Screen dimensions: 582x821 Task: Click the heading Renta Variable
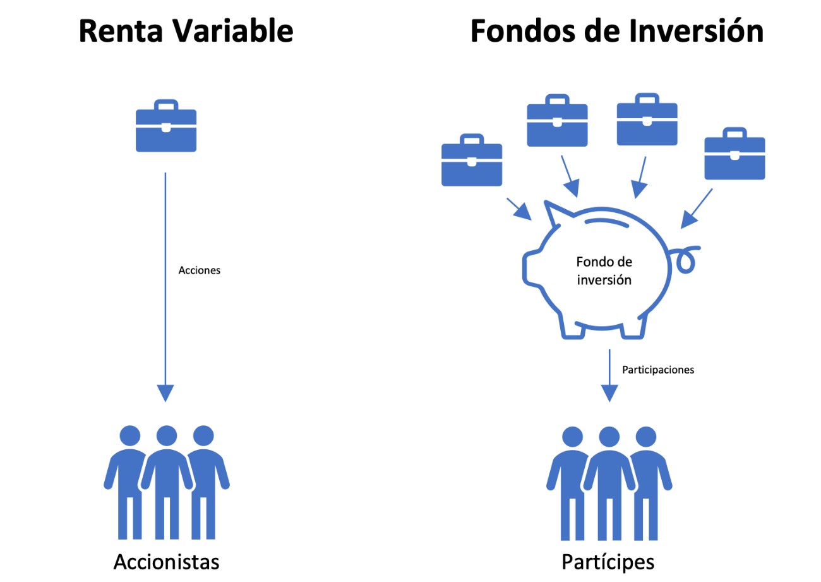(186, 30)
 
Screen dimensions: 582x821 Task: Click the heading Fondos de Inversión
(616, 30)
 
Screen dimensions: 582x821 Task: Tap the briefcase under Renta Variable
(166, 126)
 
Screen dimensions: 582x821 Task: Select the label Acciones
(199, 270)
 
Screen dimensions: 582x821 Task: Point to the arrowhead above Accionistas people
(165, 393)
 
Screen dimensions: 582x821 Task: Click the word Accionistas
(167, 561)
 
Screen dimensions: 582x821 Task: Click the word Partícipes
(608, 561)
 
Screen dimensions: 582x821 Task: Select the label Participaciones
(658, 370)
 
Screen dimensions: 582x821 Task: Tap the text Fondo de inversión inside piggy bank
(604, 270)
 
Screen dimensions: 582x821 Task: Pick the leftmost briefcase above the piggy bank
(472, 161)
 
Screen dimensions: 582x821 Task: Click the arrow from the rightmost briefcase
(696, 209)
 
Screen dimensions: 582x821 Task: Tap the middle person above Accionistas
(167, 480)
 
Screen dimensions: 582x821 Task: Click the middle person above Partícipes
(609, 480)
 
